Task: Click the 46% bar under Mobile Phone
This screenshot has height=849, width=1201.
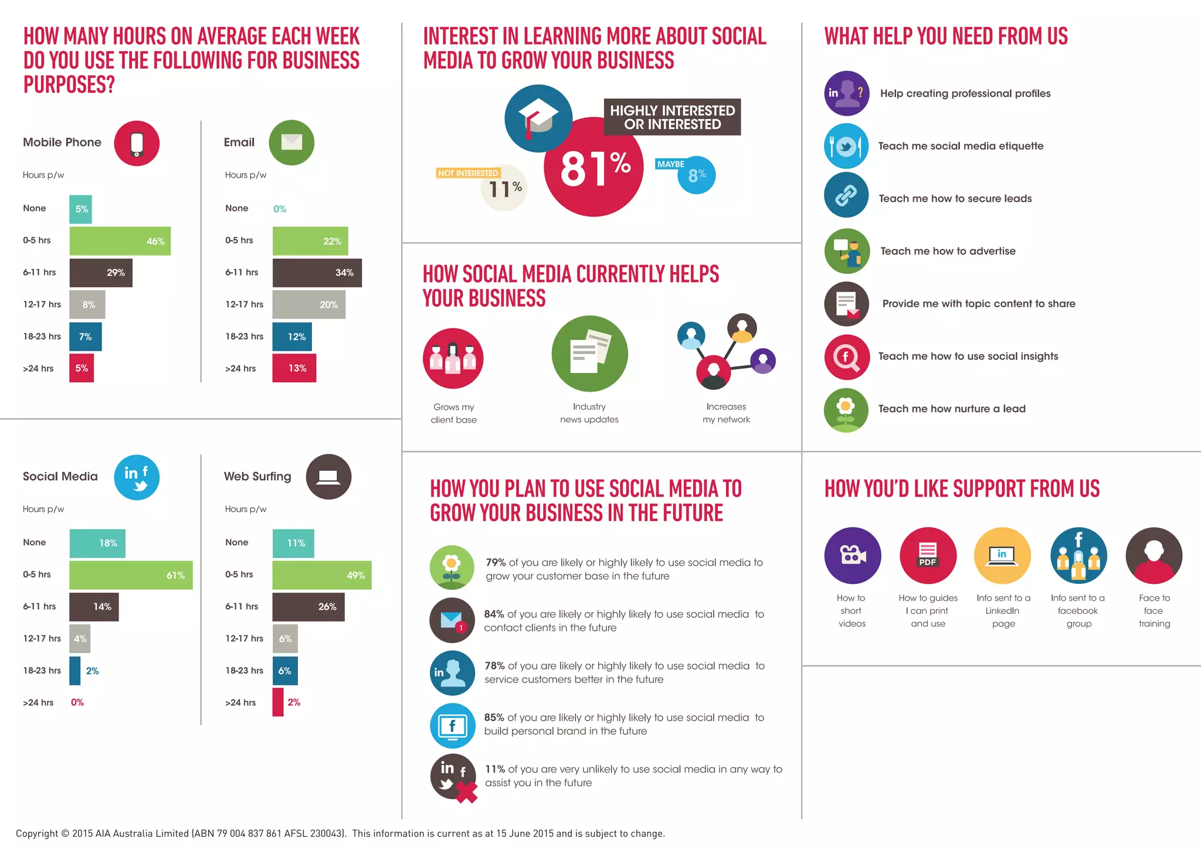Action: pyautogui.click(x=120, y=241)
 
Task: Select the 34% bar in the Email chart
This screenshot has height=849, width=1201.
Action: pyautogui.click(x=317, y=273)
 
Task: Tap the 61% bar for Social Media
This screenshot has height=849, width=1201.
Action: pyautogui.click(x=131, y=575)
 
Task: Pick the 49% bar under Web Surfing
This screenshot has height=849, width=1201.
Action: pyautogui.click(x=322, y=575)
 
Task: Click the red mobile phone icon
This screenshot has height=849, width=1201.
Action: pyautogui.click(x=137, y=144)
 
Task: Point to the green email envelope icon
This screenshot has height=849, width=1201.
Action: pyautogui.click(x=291, y=142)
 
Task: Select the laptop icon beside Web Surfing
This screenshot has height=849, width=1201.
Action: pyautogui.click(x=328, y=477)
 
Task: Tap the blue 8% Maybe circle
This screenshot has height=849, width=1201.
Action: pyautogui.click(x=697, y=175)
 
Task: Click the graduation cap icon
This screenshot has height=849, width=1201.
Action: pyautogui.click(x=538, y=118)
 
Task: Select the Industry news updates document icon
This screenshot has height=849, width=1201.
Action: pyautogui.click(x=589, y=354)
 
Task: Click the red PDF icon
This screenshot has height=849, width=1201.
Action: pyautogui.click(x=928, y=555)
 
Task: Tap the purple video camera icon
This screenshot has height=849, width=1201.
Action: pyautogui.click(x=852, y=555)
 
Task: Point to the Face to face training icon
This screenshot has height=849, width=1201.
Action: pyautogui.click(x=1153, y=555)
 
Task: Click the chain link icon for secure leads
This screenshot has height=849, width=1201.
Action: pyautogui.click(x=846, y=195)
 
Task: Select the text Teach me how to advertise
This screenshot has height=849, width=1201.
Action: pyautogui.click(x=948, y=251)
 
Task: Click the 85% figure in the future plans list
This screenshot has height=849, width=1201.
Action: pyautogui.click(x=494, y=718)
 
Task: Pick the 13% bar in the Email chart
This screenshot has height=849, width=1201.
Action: pyautogui.click(x=294, y=368)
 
